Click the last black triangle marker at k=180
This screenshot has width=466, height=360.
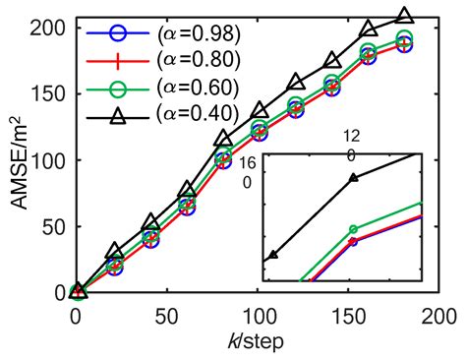click(404, 16)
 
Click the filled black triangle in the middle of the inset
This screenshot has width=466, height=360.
click(354, 178)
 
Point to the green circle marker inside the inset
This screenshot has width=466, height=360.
click(354, 229)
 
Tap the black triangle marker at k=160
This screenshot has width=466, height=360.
click(369, 29)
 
